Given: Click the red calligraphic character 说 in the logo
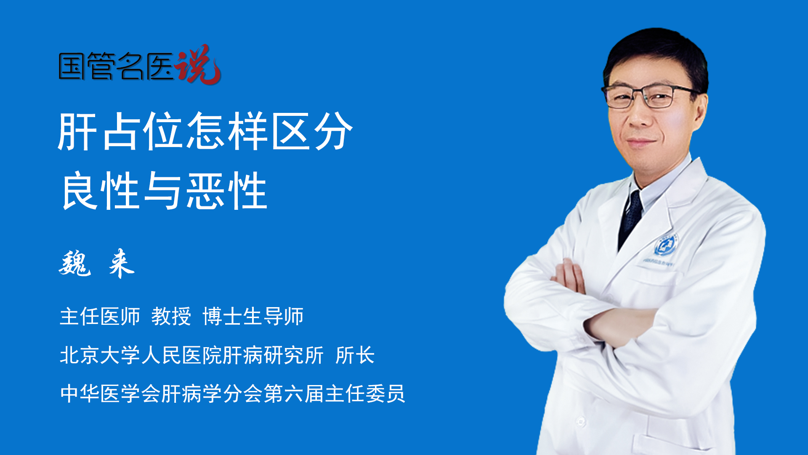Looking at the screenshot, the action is click(x=198, y=64).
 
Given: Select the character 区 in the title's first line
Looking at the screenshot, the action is click(x=291, y=131).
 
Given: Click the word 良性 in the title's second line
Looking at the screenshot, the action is click(x=100, y=190).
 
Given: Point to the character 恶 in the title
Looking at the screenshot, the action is click(x=205, y=190).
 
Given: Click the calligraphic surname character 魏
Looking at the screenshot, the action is click(x=75, y=263).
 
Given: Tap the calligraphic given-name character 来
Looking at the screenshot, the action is click(x=121, y=263).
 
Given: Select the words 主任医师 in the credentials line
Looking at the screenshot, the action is click(x=100, y=316).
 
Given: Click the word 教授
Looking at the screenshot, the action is click(x=171, y=316).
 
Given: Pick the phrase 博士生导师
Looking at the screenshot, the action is click(x=253, y=316).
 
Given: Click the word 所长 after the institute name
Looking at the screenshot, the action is click(x=355, y=355).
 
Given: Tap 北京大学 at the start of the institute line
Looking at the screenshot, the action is click(x=100, y=355).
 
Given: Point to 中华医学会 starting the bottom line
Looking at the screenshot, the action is click(x=110, y=394).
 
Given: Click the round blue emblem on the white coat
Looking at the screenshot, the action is click(x=666, y=245).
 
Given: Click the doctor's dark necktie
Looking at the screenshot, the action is click(x=631, y=219).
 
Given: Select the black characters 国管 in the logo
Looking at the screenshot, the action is click(x=87, y=66).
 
